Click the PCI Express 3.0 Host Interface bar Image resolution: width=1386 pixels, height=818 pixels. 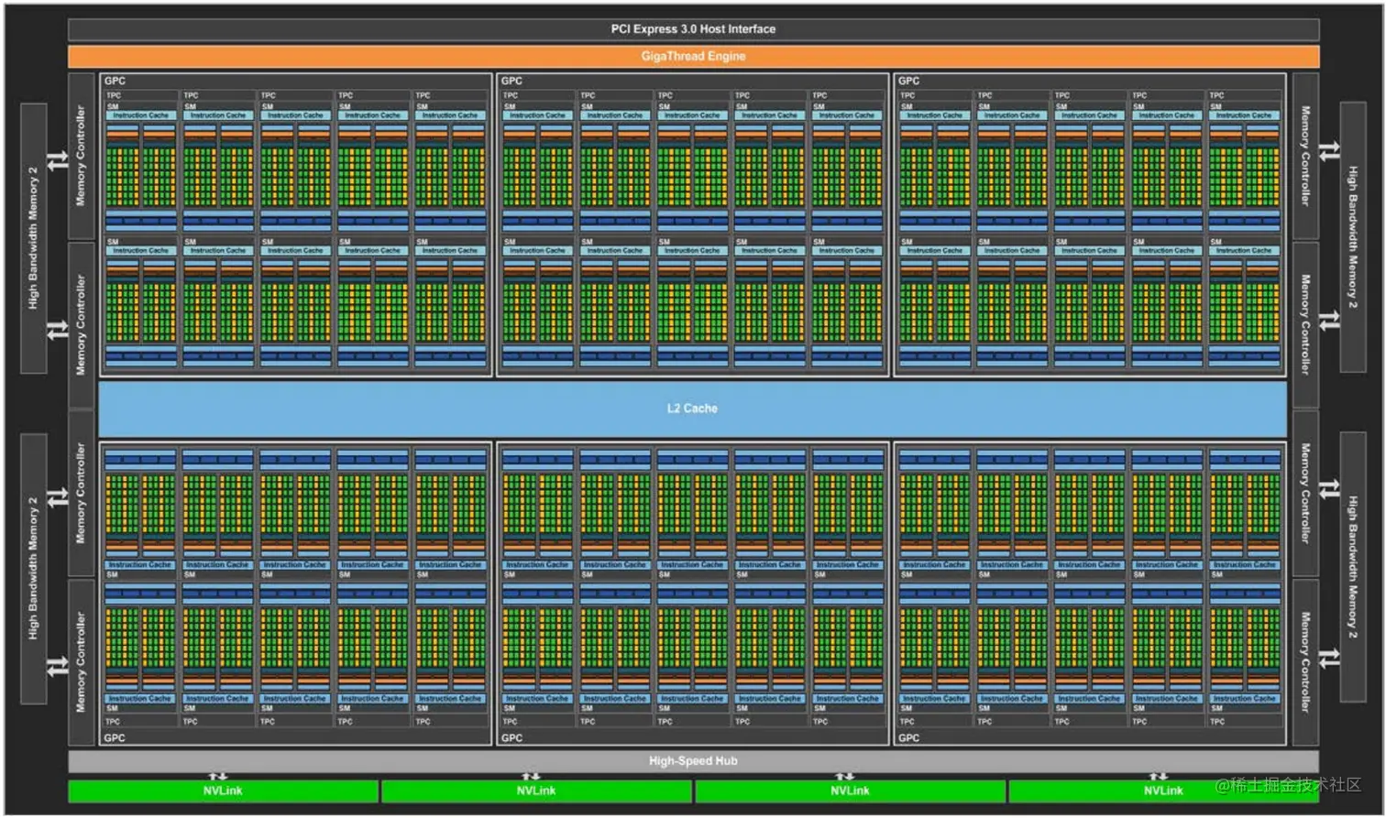693,29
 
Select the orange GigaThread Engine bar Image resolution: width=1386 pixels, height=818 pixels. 693,56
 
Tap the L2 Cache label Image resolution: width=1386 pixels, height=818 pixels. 692,409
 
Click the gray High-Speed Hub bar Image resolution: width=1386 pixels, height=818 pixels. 693,761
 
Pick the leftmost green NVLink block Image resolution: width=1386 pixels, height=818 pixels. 223,791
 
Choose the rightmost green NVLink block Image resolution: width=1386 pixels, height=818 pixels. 1162,791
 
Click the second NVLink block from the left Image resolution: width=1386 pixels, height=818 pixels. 536,791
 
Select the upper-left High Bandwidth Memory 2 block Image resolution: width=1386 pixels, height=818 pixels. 34,237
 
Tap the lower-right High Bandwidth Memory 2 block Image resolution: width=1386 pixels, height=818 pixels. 1353,568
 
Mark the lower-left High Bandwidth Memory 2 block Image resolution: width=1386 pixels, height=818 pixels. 34,568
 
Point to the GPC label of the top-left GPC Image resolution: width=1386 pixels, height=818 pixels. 115,81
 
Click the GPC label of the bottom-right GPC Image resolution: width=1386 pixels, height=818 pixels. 908,737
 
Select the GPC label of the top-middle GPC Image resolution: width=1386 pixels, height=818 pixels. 511,81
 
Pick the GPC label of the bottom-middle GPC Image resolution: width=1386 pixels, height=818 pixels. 511,737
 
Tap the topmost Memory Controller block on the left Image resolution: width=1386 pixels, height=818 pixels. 81,156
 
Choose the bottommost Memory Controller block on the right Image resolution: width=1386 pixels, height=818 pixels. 1305,661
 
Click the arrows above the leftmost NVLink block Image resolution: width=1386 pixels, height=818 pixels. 218,776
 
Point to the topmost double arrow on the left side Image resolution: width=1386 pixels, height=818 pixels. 58,160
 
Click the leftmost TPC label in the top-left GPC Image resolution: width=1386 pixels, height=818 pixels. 114,95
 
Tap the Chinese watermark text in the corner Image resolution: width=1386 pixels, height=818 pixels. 1288,785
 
